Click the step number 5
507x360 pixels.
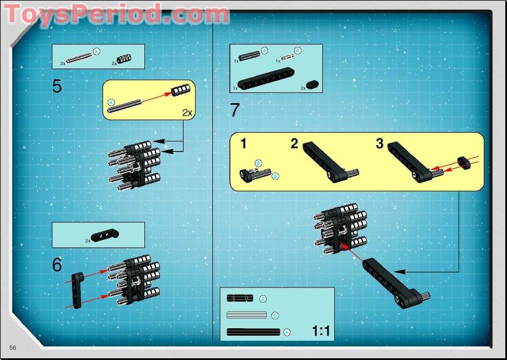tap(57, 86)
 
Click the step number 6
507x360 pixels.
tap(57, 265)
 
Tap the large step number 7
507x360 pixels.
tap(235, 110)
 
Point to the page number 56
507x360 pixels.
tap(12, 346)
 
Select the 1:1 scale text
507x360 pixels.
tap(321, 331)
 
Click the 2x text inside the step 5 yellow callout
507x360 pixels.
tap(188, 112)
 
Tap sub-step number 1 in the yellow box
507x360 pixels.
tap(243, 143)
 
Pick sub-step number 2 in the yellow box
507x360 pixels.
tap(294, 143)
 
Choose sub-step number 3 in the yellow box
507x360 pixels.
tap(380, 143)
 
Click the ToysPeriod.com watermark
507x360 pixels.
tap(116, 14)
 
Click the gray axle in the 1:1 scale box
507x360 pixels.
tap(246, 315)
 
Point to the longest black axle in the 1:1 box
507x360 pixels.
tap(253, 332)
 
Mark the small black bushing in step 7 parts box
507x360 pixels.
tap(313, 84)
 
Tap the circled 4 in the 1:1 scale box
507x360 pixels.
tap(287, 332)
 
